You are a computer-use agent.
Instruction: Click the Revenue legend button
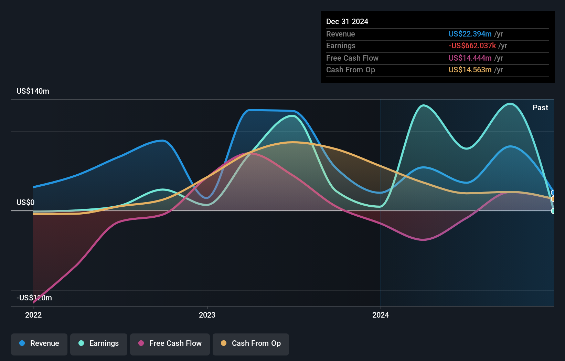pos(39,343)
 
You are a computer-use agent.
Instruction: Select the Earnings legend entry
pos(99,343)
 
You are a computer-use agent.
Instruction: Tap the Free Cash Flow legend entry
pos(170,343)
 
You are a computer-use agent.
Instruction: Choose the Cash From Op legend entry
pos(251,343)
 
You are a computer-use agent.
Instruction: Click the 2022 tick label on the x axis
pos(33,315)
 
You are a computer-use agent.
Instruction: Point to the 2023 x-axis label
pos(207,315)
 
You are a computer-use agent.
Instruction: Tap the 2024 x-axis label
pos(381,315)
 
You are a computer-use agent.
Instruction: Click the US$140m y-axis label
pos(33,91)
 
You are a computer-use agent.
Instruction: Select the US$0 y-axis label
pos(25,202)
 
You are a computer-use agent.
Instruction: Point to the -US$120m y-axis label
pos(34,298)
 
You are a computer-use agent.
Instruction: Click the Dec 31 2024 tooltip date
pos(347,22)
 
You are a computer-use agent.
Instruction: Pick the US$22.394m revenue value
pos(470,34)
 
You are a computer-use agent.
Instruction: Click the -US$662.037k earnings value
pos(472,46)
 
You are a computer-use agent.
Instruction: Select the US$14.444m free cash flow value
pos(470,58)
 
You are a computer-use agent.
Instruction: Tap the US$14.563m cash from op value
pos(470,70)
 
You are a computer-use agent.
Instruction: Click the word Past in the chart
pos(540,108)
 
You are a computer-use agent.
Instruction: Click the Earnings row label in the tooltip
pos(341,46)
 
